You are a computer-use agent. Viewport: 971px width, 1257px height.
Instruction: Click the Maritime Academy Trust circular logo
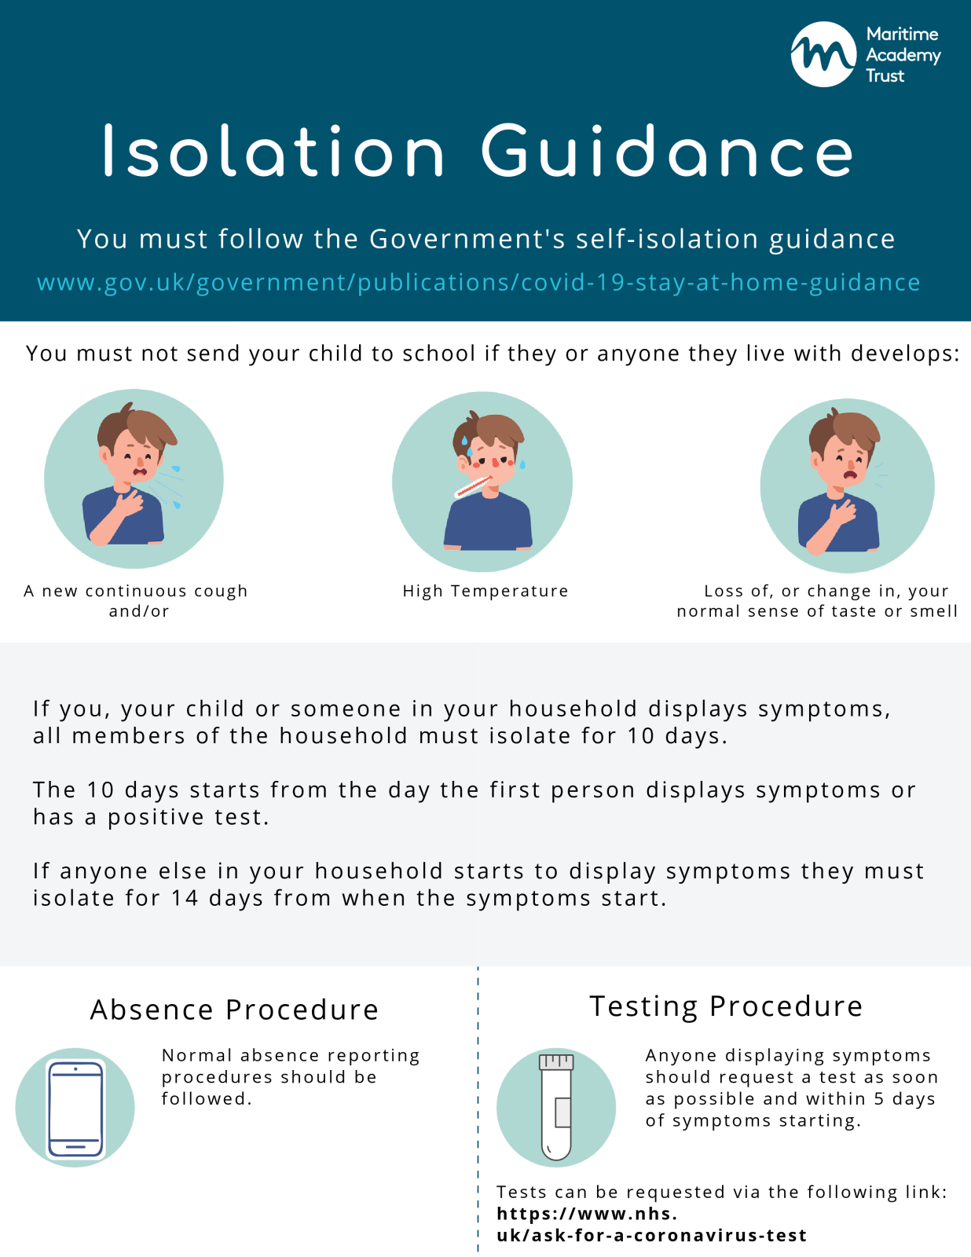tap(823, 54)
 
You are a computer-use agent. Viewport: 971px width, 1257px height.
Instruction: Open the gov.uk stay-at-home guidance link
tap(478, 282)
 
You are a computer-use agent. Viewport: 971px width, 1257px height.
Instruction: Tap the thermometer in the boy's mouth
tap(473, 487)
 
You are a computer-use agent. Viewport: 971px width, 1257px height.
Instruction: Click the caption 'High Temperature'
tap(485, 591)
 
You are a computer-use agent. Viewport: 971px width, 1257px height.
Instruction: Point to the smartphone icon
tap(75, 1109)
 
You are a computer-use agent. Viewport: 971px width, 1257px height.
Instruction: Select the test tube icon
tap(555, 1107)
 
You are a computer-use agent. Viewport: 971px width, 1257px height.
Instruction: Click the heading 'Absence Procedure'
tap(234, 1010)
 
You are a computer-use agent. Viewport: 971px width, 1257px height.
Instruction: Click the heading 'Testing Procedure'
tap(726, 1007)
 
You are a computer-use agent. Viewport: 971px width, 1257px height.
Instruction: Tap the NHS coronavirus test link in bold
tap(652, 1224)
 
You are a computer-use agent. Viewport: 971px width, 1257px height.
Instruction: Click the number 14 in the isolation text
tap(185, 898)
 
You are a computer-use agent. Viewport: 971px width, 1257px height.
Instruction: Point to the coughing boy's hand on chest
tap(128, 502)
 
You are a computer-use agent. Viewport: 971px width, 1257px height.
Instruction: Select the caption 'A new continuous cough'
tap(135, 591)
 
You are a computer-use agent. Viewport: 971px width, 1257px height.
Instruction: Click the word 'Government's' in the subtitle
tap(467, 240)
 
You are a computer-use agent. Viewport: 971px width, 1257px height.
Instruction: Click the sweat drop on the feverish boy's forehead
tap(464, 442)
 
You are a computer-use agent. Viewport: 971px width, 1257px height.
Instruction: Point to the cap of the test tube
tap(555, 1062)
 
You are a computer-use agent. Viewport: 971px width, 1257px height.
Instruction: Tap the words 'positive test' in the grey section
tap(188, 817)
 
